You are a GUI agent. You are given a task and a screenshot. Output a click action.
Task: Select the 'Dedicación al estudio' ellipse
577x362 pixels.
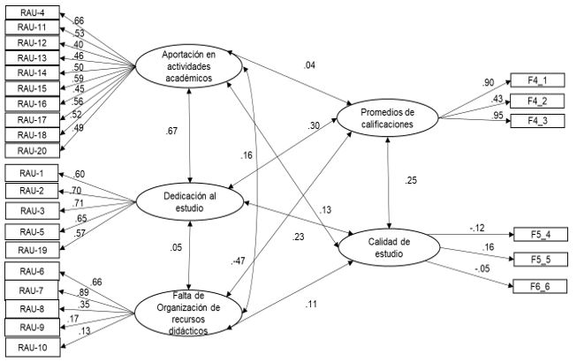189,201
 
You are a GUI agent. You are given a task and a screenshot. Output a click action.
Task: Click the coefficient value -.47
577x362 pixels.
236,262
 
